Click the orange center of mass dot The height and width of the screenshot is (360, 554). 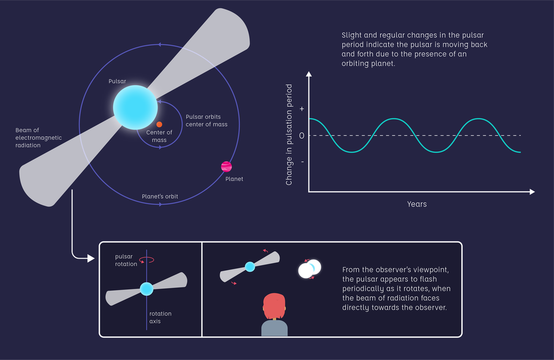[159, 125]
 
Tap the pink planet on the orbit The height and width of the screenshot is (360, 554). [226, 166]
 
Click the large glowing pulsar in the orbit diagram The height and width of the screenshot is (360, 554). [135, 107]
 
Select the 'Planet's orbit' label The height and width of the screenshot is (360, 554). [160, 197]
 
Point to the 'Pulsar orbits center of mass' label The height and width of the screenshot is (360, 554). [206, 121]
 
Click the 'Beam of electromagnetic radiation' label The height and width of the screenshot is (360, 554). [38, 137]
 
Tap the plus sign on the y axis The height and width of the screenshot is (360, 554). [301, 109]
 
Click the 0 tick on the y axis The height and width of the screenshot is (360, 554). [301, 136]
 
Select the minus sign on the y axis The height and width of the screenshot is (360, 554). [301, 162]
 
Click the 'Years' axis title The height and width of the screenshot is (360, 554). [417, 204]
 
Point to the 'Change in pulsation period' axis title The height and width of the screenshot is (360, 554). [289, 135]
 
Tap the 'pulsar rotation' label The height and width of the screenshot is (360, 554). [126, 260]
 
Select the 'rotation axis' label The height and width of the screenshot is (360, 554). [160, 317]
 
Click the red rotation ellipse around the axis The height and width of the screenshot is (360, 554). [147, 259]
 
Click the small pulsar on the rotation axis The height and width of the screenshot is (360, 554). [146, 289]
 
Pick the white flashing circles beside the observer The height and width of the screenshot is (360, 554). [309, 269]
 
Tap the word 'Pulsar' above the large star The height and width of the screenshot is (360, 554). [117, 81]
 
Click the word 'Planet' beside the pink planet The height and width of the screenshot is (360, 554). [234, 179]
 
